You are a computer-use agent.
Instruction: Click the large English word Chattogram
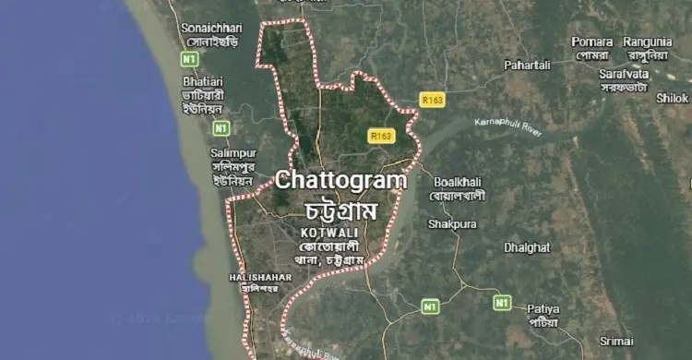point(340,180)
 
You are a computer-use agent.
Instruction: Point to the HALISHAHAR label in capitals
point(260,276)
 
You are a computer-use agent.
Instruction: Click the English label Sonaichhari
point(209,28)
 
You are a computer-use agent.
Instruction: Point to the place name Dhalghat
point(527,247)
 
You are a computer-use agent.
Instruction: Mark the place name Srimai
point(615,342)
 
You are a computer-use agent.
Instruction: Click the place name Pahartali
point(527,65)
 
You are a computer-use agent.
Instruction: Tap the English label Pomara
point(591,42)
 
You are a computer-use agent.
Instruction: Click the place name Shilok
point(672,97)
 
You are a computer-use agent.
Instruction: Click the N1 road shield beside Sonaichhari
point(190,59)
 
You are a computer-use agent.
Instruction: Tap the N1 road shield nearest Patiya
point(501,302)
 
